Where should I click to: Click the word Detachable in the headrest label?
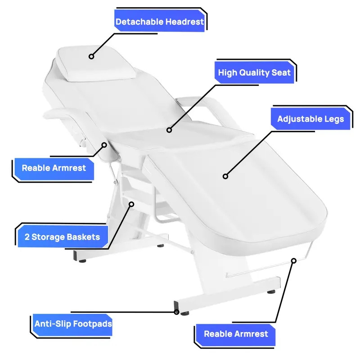click(x=139, y=22)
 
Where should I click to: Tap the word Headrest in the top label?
click(x=184, y=22)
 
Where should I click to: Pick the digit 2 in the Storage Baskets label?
click(x=27, y=237)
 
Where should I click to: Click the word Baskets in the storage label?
click(x=83, y=237)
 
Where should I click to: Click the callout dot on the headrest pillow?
click(x=91, y=56)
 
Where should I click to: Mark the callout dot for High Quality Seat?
click(x=169, y=130)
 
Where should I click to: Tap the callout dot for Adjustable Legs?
click(x=225, y=176)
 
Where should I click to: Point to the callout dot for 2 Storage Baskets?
click(x=131, y=204)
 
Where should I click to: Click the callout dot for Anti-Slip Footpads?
click(x=176, y=312)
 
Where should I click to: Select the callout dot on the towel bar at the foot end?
click(x=294, y=261)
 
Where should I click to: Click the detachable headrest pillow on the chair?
click(x=96, y=63)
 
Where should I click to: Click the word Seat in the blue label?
click(x=281, y=73)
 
